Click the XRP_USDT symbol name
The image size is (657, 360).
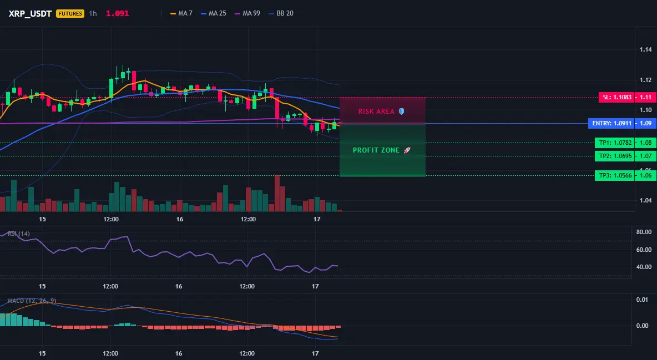point(30,13)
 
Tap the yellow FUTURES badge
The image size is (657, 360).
point(70,13)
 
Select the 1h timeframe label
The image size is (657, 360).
point(93,13)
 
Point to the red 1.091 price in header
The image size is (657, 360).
point(117,13)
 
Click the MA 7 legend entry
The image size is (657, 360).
point(181,13)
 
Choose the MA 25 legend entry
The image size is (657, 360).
point(214,13)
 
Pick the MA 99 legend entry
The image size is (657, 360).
point(247,13)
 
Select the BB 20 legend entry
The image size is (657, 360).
point(281,13)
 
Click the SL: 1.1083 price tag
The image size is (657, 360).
point(616,97)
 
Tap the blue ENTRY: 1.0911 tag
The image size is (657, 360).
point(611,124)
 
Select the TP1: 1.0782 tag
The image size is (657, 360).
point(615,143)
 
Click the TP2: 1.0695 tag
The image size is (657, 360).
point(615,156)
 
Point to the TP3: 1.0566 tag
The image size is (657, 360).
point(615,176)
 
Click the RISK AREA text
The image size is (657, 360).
point(376,111)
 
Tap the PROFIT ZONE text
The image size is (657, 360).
point(376,150)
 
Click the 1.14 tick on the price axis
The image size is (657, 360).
point(646,50)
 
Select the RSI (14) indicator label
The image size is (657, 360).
point(19,234)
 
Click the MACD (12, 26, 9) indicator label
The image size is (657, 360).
point(32,301)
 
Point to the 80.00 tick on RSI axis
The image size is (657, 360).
point(644,232)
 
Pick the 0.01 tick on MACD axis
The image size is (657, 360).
point(642,300)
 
